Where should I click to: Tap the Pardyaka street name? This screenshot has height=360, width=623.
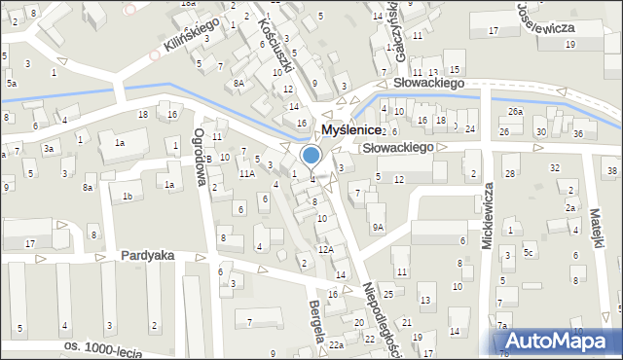pos(148,255)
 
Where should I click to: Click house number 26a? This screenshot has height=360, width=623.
pos(515,112)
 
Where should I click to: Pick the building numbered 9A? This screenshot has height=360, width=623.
pos(378,227)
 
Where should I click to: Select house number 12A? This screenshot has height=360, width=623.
pos(326,249)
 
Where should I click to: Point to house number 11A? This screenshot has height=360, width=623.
pos(246,173)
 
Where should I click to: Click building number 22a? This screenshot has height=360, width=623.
pos(336,345)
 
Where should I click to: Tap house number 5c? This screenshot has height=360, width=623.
pos(529,253)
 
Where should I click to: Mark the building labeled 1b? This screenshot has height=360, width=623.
pos(127,197)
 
